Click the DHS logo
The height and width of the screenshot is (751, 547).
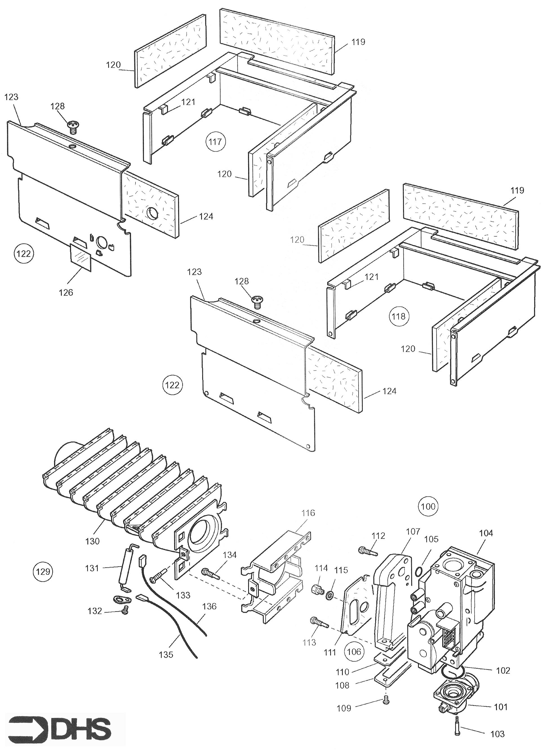(x=60, y=728)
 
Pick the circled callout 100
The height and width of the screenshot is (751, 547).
(x=428, y=506)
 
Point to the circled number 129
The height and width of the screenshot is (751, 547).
(x=43, y=572)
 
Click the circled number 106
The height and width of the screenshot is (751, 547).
(x=353, y=652)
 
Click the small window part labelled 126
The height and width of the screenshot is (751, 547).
(x=81, y=258)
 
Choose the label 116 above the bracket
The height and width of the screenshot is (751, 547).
(x=308, y=513)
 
